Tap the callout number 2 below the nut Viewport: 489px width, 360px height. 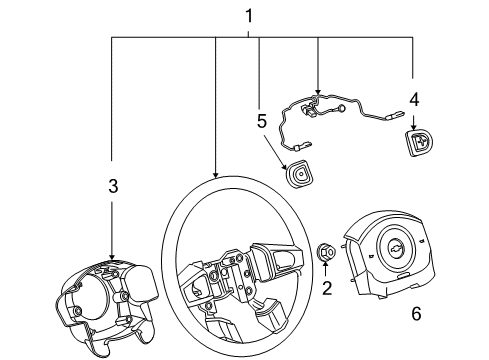click(326, 290)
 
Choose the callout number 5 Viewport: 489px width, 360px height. click(261, 122)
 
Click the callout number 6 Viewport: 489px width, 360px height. click(416, 314)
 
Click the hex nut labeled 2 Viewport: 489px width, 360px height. click(326, 255)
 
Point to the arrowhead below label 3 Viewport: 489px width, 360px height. click(113, 257)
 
